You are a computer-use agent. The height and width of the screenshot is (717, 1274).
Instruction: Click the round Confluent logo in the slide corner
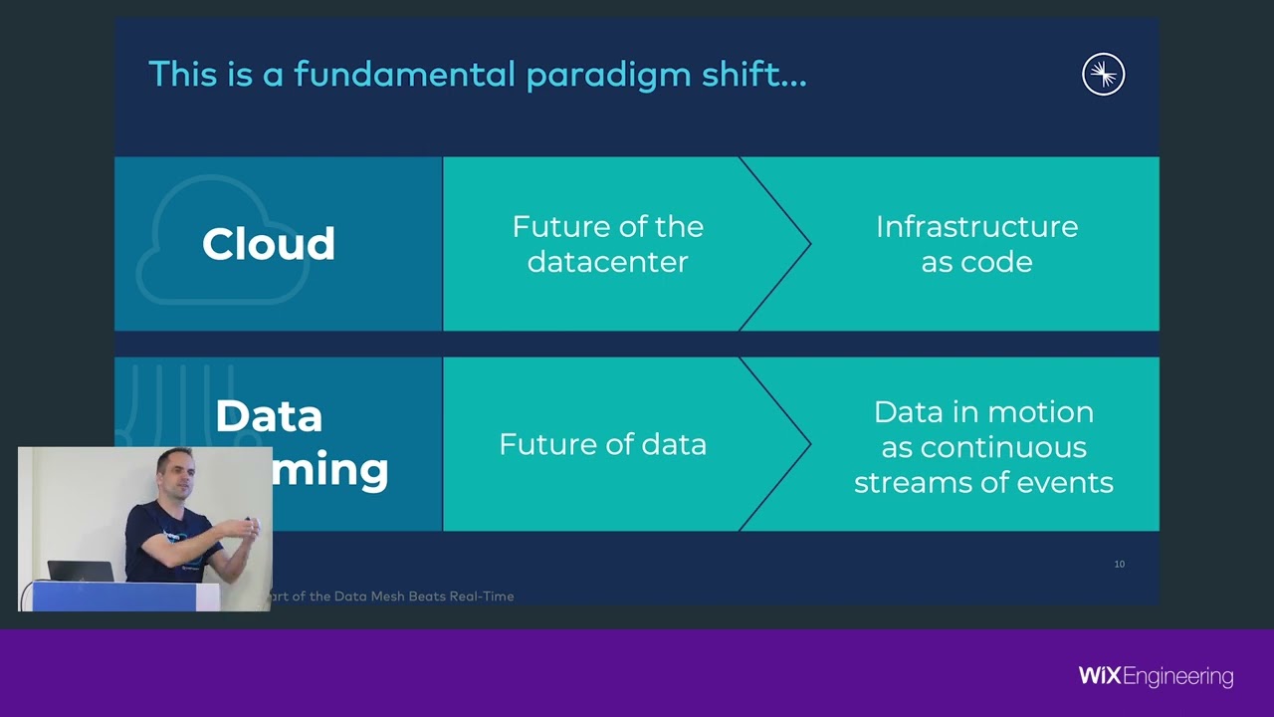1103,75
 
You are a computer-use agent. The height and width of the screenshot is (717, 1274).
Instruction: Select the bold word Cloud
268,244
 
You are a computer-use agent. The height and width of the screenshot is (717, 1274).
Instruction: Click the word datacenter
607,262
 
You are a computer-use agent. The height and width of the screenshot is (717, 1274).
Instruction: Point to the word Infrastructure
976,227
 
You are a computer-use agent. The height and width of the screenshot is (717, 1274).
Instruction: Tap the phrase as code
976,262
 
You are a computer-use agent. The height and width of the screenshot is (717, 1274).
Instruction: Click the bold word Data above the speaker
269,416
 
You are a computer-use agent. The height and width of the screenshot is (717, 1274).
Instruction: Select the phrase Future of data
602,444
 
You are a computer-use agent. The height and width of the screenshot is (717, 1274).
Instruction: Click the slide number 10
1119,565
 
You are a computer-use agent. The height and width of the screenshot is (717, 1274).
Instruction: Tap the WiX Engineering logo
1156,677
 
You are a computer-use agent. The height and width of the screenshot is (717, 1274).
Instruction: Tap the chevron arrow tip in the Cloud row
809,244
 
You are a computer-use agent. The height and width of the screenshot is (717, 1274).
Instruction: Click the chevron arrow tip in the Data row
809,444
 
